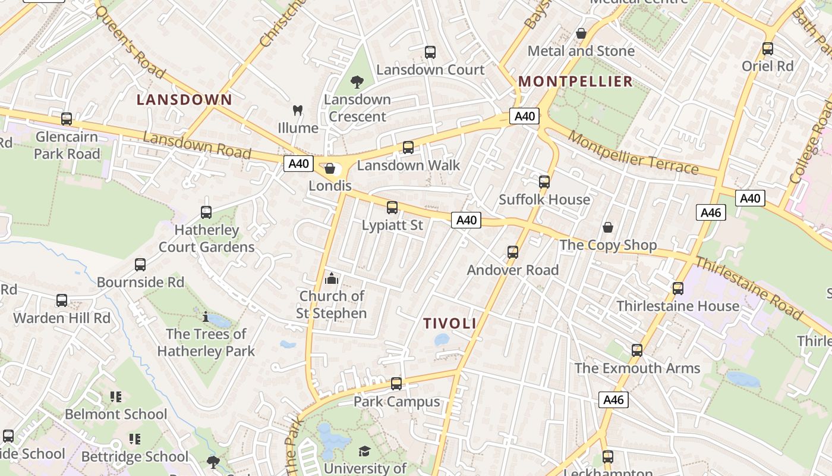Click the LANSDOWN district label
click(x=184, y=99)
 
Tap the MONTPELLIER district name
click(x=575, y=82)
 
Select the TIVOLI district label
click(x=450, y=323)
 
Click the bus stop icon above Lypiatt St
click(x=392, y=208)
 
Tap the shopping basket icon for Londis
click(x=330, y=168)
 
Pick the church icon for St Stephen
click(x=332, y=278)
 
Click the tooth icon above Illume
click(x=298, y=110)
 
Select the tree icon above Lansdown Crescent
click(x=357, y=82)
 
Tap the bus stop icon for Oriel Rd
click(x=768, y=49)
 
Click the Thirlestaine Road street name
click(x=748, y=287)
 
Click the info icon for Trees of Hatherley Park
click(x=206, y=317)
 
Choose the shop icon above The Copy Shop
click(x=608, y=227)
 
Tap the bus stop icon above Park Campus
click(x=396, y=384)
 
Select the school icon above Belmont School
click(x=116, y=396)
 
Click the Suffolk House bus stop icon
click(x=544, y=182)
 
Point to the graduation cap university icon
click(x=364, y=452)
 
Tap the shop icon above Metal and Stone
click(x=581, y=33)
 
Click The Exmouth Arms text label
click(x=637, y=368)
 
